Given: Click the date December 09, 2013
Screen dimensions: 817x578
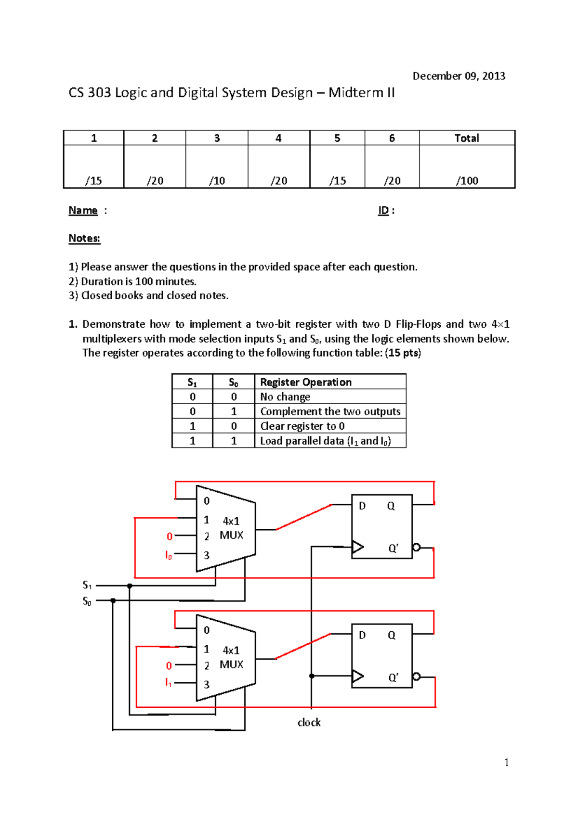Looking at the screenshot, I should pyautogui.click(x=459, y=76).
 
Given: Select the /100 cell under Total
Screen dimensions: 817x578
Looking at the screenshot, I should pyautogui.click(x=467, y=181).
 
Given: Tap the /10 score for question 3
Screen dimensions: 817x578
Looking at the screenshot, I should pyautogui.click(x=217, y=181).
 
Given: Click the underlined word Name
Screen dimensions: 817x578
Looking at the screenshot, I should pyautogui.click(x=83, y=211).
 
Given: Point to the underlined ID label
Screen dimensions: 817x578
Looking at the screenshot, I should pyautogui.click(x=383, y=211).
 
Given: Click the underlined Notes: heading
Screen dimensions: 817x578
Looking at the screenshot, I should pyautogui.click(x=84, y=239).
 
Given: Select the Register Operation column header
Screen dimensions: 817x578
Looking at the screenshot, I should pyautogui.click(x=306, y=382).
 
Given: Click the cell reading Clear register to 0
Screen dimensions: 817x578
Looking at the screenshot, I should pyautogui.click(x=302, y=426).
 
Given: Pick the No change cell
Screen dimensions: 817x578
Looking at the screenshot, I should pyautogui.click(x=285, y=397).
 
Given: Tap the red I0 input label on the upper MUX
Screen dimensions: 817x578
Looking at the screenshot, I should pyautogui.click(x=169, y=555).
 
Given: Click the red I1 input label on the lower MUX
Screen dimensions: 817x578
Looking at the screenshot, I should pyautogui.click(x=169, y=682).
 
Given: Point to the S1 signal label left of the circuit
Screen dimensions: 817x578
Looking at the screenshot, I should pyautogui.click(x=87, y=585).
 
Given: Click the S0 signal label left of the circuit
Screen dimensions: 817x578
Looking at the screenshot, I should pyautogui.click(x=87, y=601).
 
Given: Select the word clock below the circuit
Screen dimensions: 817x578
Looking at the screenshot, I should pyautogui.click(x=309, y=722).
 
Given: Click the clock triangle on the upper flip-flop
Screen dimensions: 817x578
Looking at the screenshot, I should pyautogui.click(x=357, y=547).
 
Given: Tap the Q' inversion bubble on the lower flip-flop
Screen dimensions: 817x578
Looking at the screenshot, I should pyautogui.click(x=417, y=677).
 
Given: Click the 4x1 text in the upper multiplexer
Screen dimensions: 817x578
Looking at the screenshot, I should pyautogui.click(x=231, y=521).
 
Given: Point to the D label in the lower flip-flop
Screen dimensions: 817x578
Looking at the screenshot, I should pyautogui.click(x=362, y=635).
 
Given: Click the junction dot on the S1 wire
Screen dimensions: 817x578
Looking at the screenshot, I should pyautogui.click(x=130, y=586).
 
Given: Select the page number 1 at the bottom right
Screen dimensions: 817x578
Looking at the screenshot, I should pyautogui.click(x=506, y=762).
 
